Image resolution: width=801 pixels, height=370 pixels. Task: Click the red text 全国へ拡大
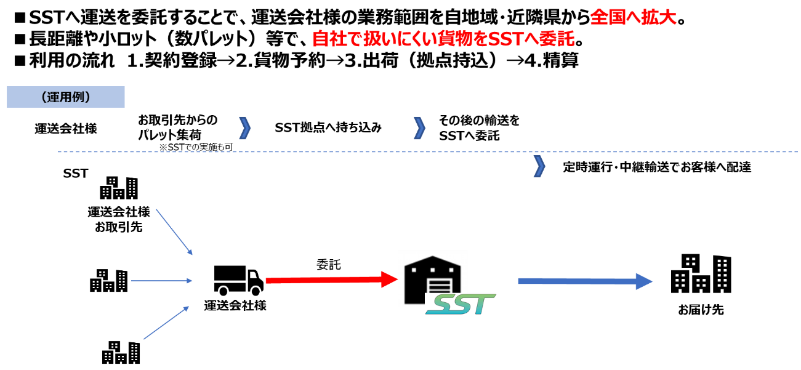coord(633,17)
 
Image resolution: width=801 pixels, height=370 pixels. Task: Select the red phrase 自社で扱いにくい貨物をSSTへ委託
coord(447,39)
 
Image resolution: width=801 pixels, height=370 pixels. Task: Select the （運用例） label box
coord(66,97)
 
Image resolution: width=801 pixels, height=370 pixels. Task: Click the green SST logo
coord(461,304)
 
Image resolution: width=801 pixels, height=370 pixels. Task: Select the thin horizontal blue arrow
coord(162,281)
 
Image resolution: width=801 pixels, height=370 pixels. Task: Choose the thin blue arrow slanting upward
coord(166,323)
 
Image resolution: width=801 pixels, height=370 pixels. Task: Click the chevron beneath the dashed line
coord(539,166)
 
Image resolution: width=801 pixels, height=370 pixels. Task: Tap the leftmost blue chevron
coord(245,128)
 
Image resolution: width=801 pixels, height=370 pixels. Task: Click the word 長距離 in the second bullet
coord(53,39)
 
